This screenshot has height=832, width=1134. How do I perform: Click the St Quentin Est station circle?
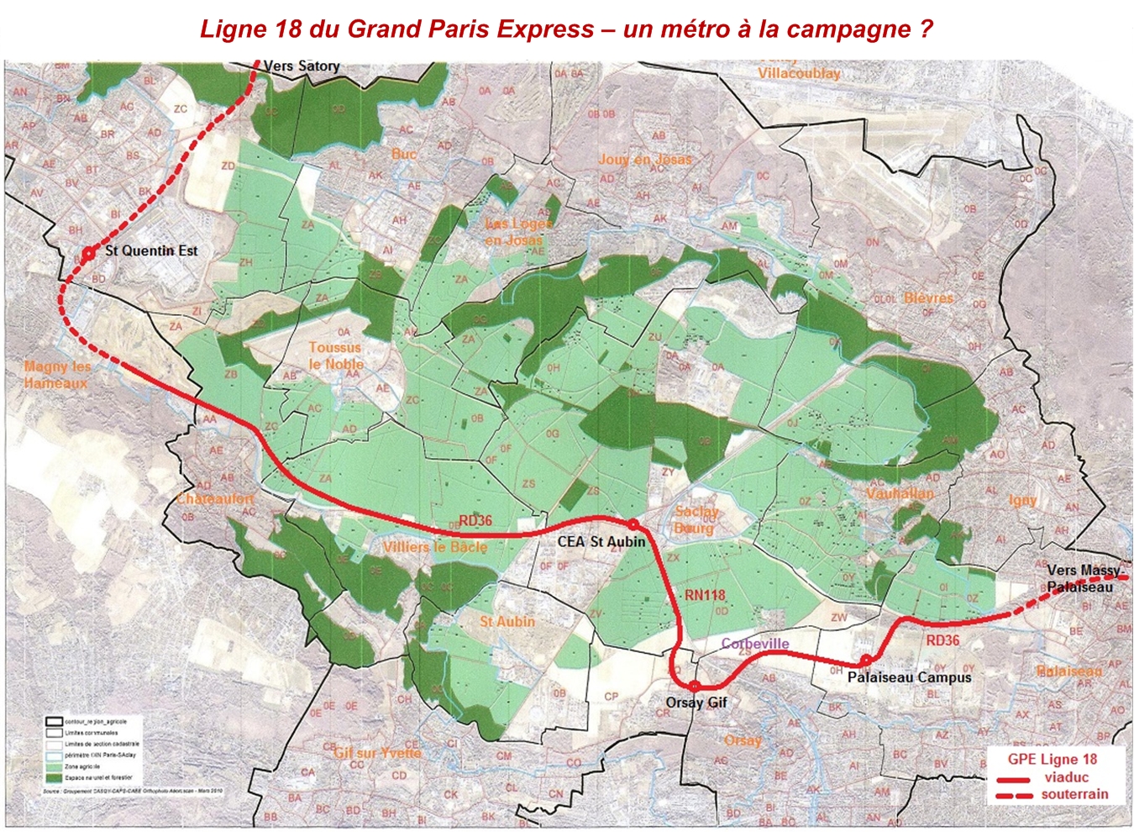point(87,252)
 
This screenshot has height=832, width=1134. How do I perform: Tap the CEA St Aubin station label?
point(601,542)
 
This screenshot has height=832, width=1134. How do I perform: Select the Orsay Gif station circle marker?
point(695,687)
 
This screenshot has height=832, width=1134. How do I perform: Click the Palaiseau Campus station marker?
point(865,661)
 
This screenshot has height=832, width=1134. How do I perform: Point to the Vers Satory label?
point(302,66)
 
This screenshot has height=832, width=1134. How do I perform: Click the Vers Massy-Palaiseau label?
point(1084,578)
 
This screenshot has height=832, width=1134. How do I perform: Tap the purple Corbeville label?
point(755,644)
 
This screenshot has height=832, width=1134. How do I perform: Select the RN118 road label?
point(704,595)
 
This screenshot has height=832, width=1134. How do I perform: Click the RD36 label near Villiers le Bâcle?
point(475,520)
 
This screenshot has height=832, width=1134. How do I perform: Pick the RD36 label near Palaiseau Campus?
point(942,640)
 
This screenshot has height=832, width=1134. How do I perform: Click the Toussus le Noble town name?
point(335,355)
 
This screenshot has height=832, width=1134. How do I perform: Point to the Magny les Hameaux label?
point(57,374)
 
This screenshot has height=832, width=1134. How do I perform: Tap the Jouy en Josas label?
point(645,159)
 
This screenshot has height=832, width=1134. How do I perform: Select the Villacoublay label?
point(799,73)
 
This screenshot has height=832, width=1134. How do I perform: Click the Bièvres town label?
point(928,298)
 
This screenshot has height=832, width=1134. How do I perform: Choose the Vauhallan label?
point(900,493)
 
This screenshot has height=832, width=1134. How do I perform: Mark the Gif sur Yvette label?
point(377,752)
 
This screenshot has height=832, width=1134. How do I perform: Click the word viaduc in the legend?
point(1066,777)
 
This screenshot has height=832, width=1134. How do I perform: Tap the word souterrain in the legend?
point(1074,794)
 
